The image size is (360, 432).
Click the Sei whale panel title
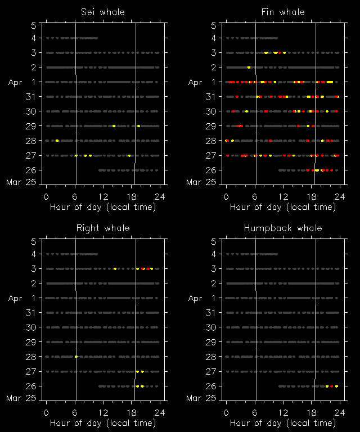[x=102, y=12]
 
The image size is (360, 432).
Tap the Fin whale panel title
[x=283, y=12]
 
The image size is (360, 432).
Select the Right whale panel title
[x=102, y=228]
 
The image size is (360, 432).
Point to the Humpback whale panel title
[x=283, y=228]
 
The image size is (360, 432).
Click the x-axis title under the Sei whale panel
[x=103, y=206]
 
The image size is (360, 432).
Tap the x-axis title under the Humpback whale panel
[x=283, y=422]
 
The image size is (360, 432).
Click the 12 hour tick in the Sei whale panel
[x=103, y=196]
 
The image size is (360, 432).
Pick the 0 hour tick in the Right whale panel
[x=46, y=412]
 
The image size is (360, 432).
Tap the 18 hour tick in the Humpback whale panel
[x=312, y=412]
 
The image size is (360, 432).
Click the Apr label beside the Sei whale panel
[x=15, y=82]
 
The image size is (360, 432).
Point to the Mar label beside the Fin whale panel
[x=193, y=182]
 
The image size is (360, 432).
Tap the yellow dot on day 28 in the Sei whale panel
[x=57, y=141]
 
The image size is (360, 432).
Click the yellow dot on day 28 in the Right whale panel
[x=76, y=357]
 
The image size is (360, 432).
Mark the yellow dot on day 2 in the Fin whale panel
[x=249, y=67]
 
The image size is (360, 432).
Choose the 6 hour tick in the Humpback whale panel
[x=255, y=412]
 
